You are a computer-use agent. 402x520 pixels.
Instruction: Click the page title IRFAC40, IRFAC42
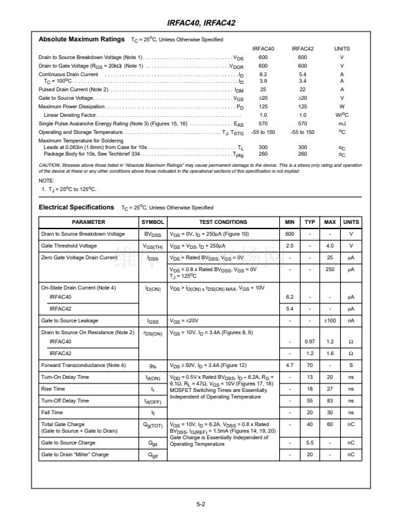[x=201, y=23]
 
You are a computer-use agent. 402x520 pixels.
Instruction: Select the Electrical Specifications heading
[x=76, y=207]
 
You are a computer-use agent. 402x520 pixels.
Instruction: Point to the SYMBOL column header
[x=152, y=223]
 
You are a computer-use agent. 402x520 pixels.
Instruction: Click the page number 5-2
[x=201, y=504]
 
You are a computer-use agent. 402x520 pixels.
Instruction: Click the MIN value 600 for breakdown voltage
[x=289, y=234]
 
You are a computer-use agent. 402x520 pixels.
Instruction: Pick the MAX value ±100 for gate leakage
[x=330, y=320]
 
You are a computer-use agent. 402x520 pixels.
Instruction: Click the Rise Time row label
[x=53, y=388]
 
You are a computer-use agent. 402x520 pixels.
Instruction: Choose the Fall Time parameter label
[x=53, y=412]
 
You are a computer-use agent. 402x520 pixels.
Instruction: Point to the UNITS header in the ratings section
[x=342, y=49]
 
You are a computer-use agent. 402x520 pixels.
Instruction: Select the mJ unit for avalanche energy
[x=342, y=123]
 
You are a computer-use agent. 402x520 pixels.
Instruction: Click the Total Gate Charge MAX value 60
[x=330, y=426]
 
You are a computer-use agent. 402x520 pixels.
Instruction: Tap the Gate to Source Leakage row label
[x=70, y=320]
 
